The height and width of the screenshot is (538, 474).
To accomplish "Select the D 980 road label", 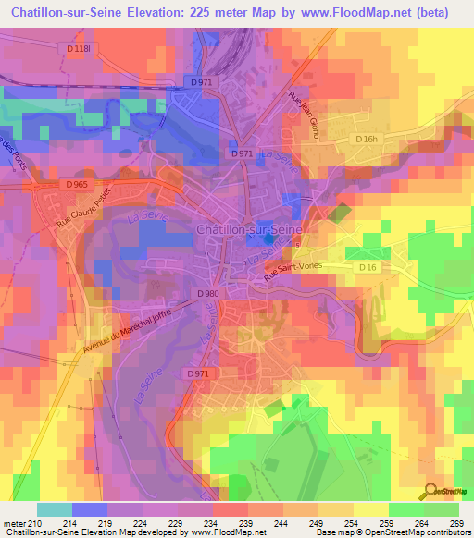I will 208,293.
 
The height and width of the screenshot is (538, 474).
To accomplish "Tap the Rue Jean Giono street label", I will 304,117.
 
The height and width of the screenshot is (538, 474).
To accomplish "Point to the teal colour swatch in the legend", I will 55,509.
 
